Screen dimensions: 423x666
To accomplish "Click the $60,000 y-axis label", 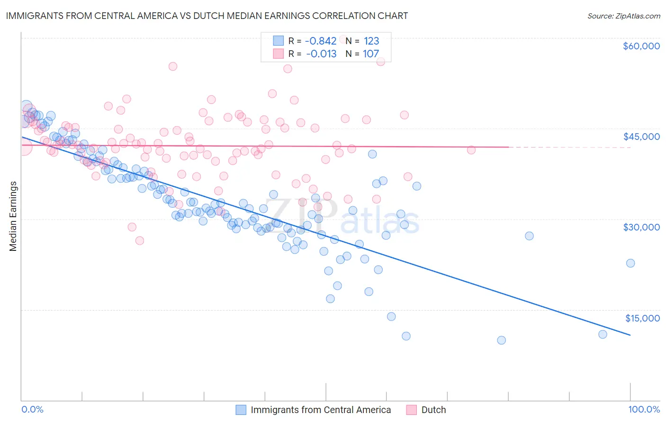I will [641, 46].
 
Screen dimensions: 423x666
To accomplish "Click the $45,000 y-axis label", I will [641, 137].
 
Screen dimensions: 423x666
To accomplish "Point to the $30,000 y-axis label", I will [641, 227].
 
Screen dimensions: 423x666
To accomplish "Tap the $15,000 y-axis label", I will [642, 318].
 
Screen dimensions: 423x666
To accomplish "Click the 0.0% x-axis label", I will [32, 409].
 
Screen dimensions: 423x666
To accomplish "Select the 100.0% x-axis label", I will [644, 409].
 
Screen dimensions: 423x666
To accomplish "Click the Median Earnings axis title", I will [13, 216].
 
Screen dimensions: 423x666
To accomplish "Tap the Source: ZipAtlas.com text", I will [623, 16].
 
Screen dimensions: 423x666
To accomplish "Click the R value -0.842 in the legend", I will [321, 41].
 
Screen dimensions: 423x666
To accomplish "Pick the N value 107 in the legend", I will [371, 54].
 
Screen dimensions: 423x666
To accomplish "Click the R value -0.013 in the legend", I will [321, 54].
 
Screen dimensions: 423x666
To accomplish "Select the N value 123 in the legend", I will [371, 41].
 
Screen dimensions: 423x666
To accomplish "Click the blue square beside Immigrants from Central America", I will [241, 410].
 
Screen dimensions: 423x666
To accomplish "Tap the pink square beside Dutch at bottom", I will [411, 410].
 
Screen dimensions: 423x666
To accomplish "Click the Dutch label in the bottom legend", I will [433, 410].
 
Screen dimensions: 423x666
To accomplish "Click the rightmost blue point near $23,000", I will [630, 263].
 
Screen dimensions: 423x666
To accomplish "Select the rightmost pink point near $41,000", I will [471, 150].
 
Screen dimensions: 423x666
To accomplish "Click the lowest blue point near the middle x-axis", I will [330, 299].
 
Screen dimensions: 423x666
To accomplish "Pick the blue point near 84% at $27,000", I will [529, 236].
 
